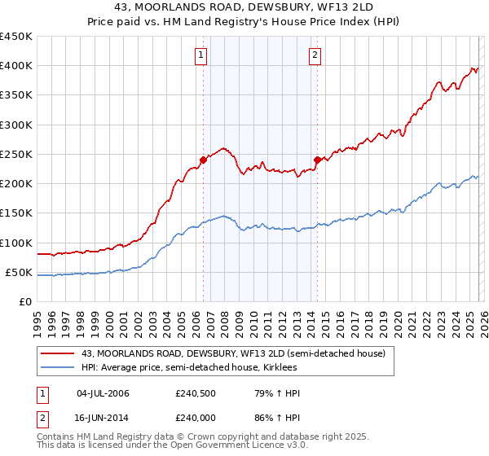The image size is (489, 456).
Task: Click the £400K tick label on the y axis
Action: coord(16,66)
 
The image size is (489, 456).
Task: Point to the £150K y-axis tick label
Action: coord(16,213)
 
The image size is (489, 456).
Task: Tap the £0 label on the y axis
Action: coord(25,302)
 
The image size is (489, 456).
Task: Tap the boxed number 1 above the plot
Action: coord(200,55)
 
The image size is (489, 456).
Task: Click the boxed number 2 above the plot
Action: coord(315,55)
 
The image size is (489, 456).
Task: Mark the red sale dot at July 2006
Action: coord(203,160)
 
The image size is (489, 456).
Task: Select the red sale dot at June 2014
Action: coord(317,160)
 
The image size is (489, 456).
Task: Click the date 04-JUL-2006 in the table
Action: coord(103,393)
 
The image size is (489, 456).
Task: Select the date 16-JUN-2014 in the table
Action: coord(103,416)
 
